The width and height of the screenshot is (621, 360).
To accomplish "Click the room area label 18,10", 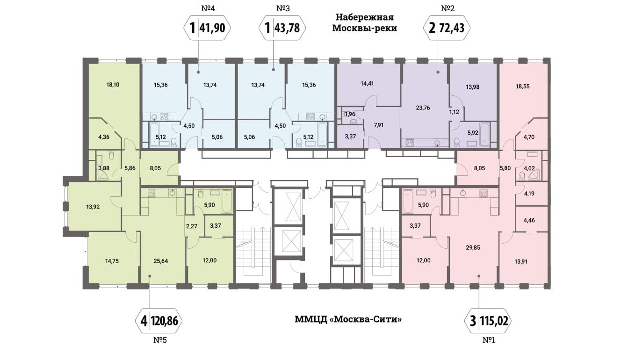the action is pos(113,85).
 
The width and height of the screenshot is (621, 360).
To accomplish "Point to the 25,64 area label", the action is pos(160,261).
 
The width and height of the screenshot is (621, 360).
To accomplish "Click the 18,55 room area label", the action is pos(523,86).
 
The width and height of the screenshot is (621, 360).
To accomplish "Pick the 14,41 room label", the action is pos(368,85).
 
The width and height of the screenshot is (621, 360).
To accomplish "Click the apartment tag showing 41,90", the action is pos(208,28).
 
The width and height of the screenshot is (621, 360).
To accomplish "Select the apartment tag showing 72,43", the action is pos(446,28).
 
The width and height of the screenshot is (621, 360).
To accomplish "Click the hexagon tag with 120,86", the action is pos(159,321).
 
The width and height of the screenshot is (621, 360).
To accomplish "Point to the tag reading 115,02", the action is pos(488,321).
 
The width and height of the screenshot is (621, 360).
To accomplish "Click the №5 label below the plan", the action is pos(159,340).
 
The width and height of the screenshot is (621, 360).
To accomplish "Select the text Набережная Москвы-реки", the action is pos(364,22).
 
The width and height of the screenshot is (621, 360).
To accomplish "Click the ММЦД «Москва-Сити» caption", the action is pos(348,320).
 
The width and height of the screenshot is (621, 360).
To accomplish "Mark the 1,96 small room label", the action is pos(350,114).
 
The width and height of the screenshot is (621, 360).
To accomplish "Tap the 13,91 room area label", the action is pos(523,261).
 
